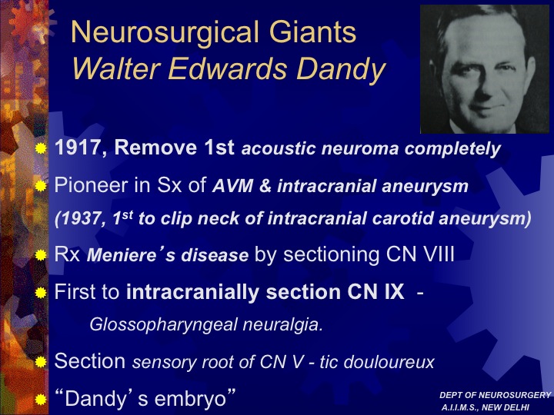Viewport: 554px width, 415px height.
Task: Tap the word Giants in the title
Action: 312,32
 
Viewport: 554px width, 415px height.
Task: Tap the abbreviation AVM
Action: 233,186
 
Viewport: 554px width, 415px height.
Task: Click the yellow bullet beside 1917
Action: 41,148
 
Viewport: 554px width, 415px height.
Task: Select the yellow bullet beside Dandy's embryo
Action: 41,400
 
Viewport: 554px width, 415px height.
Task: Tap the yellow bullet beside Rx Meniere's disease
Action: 41,255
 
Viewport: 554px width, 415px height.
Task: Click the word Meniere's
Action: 131,255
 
